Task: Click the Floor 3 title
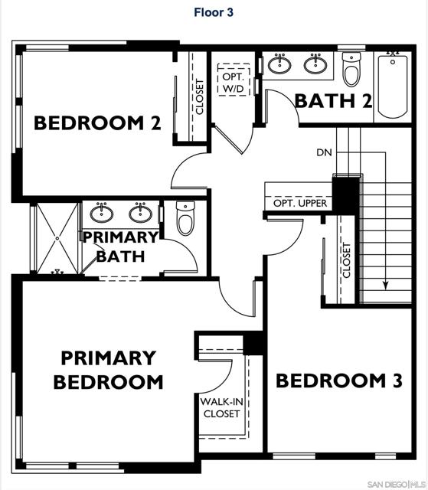pyautogui.click(x=214, y=12)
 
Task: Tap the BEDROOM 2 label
pyautogui.click(x=97, y=122)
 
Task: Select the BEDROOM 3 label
pyautogui.click(x=338, y=381)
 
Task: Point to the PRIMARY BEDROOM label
pyautogui.click(x=108, y=369)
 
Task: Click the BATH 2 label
pyautogui.click(x=333, y=100)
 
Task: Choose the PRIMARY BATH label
pyautogui.click(x=123, y=247)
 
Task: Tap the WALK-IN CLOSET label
pyautogui.click(x=221, y=407)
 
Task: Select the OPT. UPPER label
pyautogui.click(x=300, y=204)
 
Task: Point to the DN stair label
pyautogui.click(x=324, y=152)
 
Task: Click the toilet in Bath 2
pyautogui.click(x=351, y=70)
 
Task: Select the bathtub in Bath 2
pyautogui.click(x=393, y=85)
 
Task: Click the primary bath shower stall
pyautogui.click(x=57, y=237)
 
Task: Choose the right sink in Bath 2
pyautogui.click(x=315, y=64)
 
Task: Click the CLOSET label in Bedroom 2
pyautogui.click(x=200, y=96)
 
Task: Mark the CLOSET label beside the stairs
pyautogui.click(x=346, y=261)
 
